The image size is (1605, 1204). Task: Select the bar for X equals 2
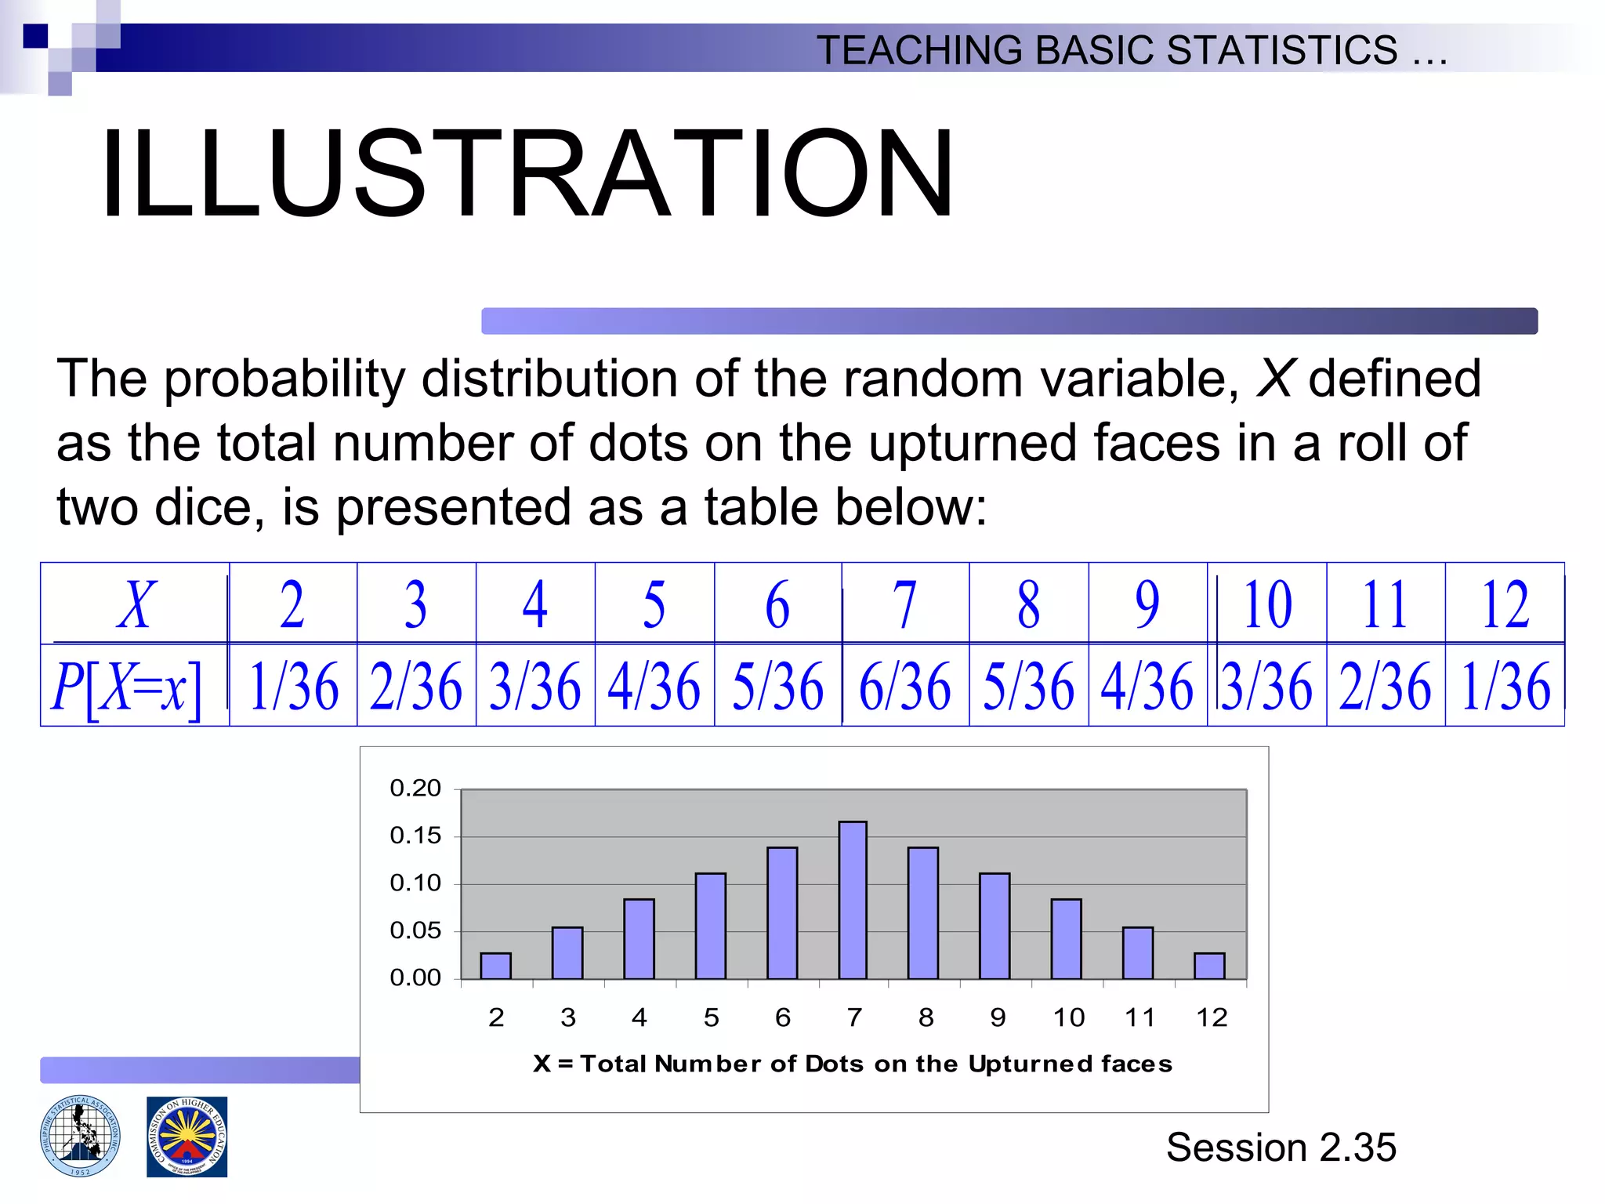pos(495,966)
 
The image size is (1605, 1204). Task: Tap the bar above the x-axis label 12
pos(1209,966)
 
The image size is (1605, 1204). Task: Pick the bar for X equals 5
pos(711,926)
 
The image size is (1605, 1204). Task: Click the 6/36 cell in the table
pos(905,686)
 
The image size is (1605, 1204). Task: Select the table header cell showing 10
pos(1267,604)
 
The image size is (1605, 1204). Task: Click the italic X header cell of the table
pos(136,604)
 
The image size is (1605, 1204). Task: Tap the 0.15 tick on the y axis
pos(415,836)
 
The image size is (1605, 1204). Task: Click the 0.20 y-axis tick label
pos(415,788)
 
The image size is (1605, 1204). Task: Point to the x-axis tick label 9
pos(998,1017)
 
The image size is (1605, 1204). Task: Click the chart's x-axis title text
pos(853,1064)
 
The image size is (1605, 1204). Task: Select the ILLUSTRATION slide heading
pos(527,174)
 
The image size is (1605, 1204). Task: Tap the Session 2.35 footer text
pos(1281,1147)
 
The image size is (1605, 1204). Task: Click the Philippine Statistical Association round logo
pos(80,1136)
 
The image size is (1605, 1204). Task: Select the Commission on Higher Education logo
pos(187,1137)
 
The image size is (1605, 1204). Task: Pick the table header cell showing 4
pos(535,604)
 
